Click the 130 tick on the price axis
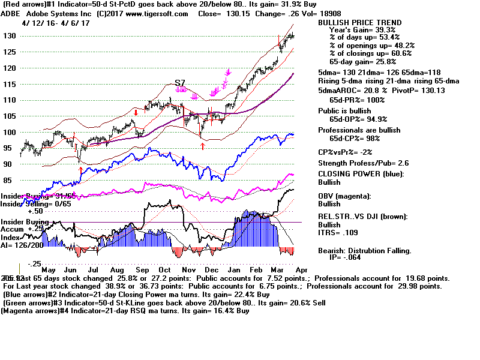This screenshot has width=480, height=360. click(9, 36)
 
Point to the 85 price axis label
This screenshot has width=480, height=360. click(9, 179)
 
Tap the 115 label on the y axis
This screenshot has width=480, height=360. click(9, 84)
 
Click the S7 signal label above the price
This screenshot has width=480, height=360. click(180, 82)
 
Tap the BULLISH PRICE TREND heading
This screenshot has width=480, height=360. click(359, 23)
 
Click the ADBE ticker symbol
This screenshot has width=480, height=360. click(13, 14)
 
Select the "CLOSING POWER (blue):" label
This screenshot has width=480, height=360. click(361, 174)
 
